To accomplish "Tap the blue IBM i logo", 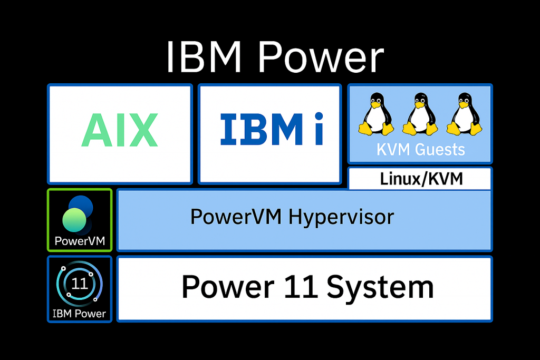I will pyautogui.click(x=272, y=130).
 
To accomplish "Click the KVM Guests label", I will pyautogui.click(x=420, y=150).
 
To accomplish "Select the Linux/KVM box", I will pyautogui.click(x=421, y=179).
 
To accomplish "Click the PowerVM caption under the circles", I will pyautogui.click(x=80, y=242).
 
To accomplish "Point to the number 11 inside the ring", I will pyautogui.click(x=80, y=284).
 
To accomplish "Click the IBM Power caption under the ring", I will pyautogui.click(x=80, y=314).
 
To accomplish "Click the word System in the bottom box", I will pyautogui.click(x=380, y=288).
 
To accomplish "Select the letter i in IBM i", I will pyautogui.click(x=318, y=130).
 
